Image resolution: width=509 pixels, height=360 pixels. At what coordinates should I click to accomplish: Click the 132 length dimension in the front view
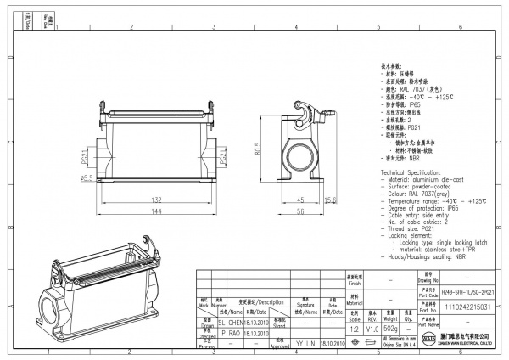(x=158, y=200)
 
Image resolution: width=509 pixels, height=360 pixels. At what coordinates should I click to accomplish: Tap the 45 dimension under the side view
(x=300, y=200)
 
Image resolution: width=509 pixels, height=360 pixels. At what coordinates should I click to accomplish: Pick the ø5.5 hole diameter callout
(x=87, y=178)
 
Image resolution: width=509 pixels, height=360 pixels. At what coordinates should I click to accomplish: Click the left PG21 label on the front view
(x=86, y=158)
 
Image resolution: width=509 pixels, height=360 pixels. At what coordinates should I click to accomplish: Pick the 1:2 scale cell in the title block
(x=354, y=328)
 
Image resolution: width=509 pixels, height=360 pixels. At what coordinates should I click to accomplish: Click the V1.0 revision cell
(x=372, y=328)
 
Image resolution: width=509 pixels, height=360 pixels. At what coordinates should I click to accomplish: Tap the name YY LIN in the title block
(x=306, y=345)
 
